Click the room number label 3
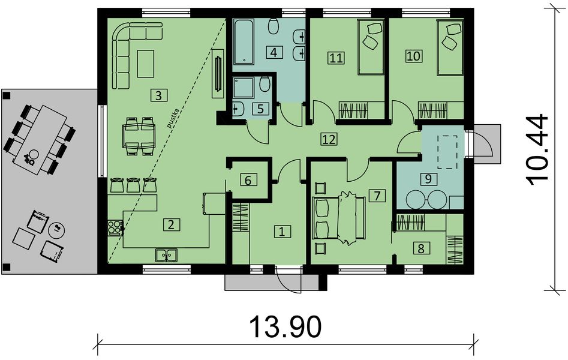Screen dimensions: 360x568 [157, 94]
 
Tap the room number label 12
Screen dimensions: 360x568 [328, 139]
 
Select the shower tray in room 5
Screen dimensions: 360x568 [245, 89]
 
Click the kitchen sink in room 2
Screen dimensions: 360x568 [167, 254]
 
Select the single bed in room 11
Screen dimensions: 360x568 [370, 47]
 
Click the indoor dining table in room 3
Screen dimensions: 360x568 [139, 134]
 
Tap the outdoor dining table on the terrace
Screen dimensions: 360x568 [40, 139]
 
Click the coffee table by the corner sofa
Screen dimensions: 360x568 [146, 64]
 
